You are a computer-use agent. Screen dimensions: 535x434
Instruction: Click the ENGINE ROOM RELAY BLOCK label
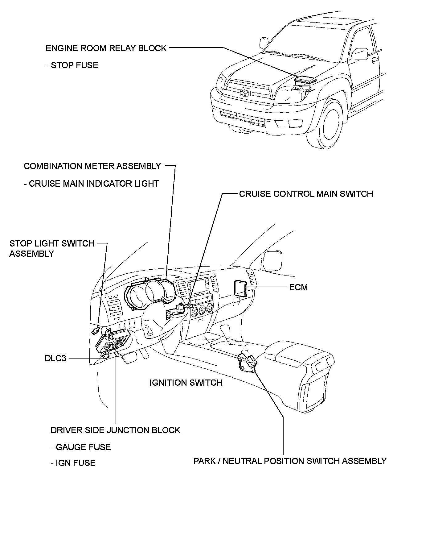pyautogui.click(x=106, y=48)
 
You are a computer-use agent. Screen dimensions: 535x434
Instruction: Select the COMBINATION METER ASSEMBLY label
pyautogui.click(x=92, y=166)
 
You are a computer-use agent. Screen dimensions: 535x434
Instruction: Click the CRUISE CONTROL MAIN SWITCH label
pyautogui.click(x=306, y=194)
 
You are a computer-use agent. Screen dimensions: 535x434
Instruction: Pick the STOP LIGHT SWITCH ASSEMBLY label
pyautogui.click(x=51, y=248)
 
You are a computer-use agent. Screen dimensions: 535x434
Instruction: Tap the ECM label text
pyautogui.click(x=298, y=287)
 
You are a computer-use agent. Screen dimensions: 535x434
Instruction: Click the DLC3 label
pyautogui.click(x=55, y=358)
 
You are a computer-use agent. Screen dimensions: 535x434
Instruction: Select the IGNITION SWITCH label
pyautogui.click(x=186, y=383)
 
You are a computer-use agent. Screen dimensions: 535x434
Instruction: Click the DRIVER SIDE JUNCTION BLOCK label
pyautogui.click(x=115, y=430)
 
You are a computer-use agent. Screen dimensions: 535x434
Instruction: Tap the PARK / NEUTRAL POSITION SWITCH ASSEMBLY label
pyautogui.click(x=290, y=461)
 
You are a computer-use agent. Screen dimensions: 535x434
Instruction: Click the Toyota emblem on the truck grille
pyautogui.click(x=245, y=92)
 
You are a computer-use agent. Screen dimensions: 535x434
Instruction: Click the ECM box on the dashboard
pyautogui.click(x=240, y=288)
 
